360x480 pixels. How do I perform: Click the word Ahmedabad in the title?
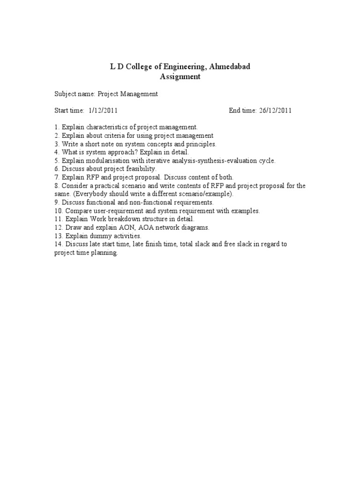tap(228, 67)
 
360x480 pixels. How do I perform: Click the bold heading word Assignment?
tap(180, 76)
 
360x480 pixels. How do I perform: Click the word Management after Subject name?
tap(140, 94)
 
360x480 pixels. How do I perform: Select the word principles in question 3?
tap(200, 144)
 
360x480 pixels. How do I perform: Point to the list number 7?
tap(56, 177)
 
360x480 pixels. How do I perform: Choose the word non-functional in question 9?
tap(154, 202)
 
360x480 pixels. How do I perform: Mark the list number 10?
tap(58, 211)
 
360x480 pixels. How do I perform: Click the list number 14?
tap(58, 244)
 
